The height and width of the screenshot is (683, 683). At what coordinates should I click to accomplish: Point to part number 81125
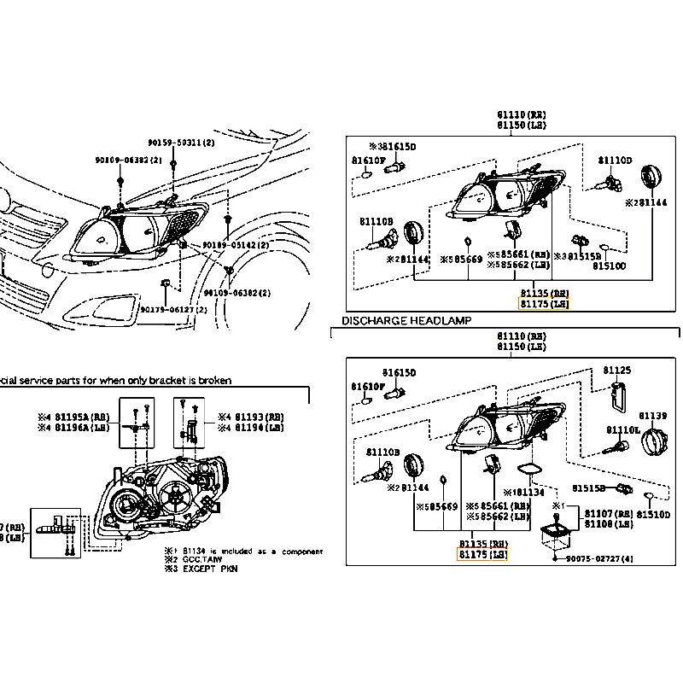point(617,371)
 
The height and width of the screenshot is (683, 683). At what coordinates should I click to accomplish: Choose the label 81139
point(653,415)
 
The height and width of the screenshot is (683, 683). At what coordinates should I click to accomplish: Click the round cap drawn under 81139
point(653,444)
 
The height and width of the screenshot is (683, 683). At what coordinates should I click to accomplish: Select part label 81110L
point(623,429)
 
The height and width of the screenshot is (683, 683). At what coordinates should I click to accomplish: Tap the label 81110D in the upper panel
point(615,160)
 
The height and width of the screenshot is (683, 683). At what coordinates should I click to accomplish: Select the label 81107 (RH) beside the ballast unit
point(609,513)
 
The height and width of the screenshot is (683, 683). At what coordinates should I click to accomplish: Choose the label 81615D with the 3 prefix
point(392,147)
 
